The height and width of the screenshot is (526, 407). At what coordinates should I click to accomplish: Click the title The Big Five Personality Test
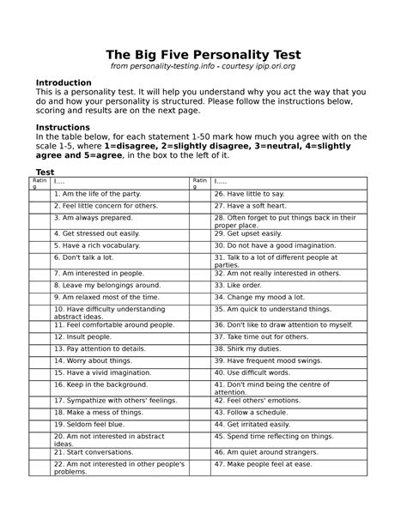pos(203,56)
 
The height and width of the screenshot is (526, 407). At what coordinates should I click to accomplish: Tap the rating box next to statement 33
pos(200,285)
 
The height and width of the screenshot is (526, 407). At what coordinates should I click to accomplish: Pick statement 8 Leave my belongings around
pos(106,285)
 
